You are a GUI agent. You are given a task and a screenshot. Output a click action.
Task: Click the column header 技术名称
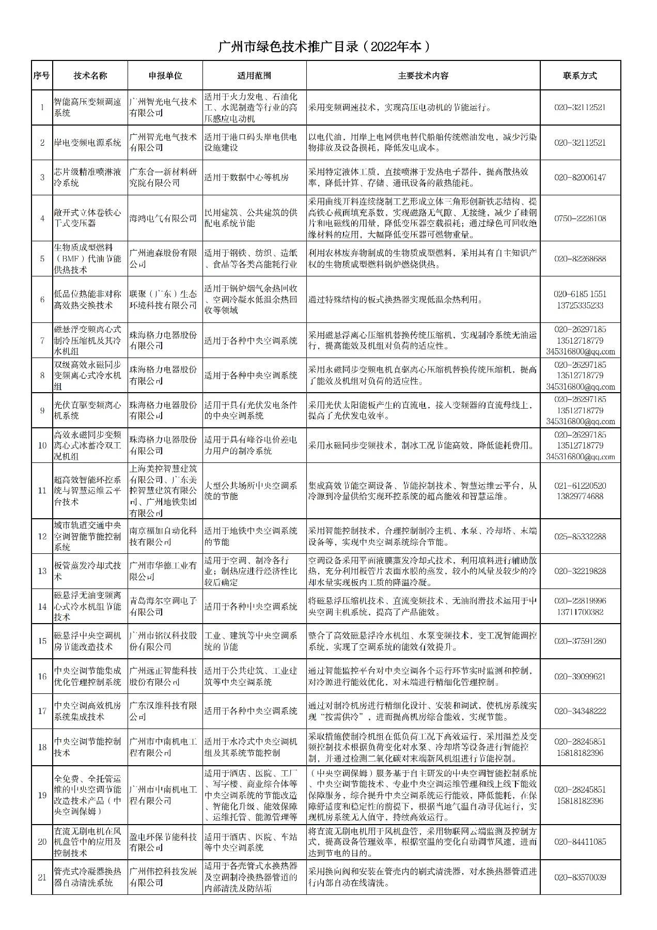(90, 75)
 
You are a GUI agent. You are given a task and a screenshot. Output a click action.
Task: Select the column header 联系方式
(580, 75)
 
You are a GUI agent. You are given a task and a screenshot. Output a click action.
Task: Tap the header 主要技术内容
(423, 75)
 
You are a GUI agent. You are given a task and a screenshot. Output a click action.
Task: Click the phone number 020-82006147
(580, 177)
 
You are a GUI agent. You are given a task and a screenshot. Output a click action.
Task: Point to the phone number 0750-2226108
(580, 218)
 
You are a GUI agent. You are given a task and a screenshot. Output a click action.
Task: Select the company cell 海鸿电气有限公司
(163, 218)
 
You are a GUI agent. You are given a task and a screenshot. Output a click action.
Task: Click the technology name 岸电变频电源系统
(88, 143)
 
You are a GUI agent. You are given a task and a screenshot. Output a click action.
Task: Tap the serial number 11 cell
(42, 490)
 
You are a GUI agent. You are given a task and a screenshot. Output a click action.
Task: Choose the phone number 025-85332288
(580, 536)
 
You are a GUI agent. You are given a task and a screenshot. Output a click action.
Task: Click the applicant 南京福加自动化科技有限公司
(163, 536)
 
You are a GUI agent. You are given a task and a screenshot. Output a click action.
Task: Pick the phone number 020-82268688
(580, 258)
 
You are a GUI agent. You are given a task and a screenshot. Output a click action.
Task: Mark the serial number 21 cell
(42, 877)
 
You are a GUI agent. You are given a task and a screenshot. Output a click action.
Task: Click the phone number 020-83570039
(580, 877)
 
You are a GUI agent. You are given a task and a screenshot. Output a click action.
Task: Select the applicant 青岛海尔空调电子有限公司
(163, 606)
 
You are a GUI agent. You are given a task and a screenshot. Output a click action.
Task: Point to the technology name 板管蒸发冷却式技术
(88, 571)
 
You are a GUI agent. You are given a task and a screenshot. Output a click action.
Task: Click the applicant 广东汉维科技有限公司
(163, 711)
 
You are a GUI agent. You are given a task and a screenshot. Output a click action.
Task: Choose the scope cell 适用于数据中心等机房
(246, 177)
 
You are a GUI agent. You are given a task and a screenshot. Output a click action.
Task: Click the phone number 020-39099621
(580, 676)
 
